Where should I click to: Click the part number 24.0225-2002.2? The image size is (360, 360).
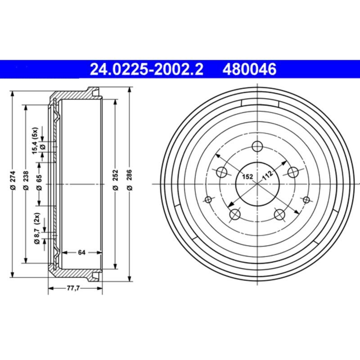coord(147,69)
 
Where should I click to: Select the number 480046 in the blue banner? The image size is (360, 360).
coord(248,69)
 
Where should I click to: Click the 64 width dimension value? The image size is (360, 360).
coord(81,252)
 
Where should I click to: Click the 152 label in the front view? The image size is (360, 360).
coord(248,176)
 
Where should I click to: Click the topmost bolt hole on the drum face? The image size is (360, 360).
coord(257,146)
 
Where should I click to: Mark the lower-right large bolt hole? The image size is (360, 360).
coord(279,215)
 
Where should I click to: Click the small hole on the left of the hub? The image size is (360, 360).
coord(207,200)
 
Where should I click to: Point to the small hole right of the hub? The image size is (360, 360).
coord(306,200)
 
